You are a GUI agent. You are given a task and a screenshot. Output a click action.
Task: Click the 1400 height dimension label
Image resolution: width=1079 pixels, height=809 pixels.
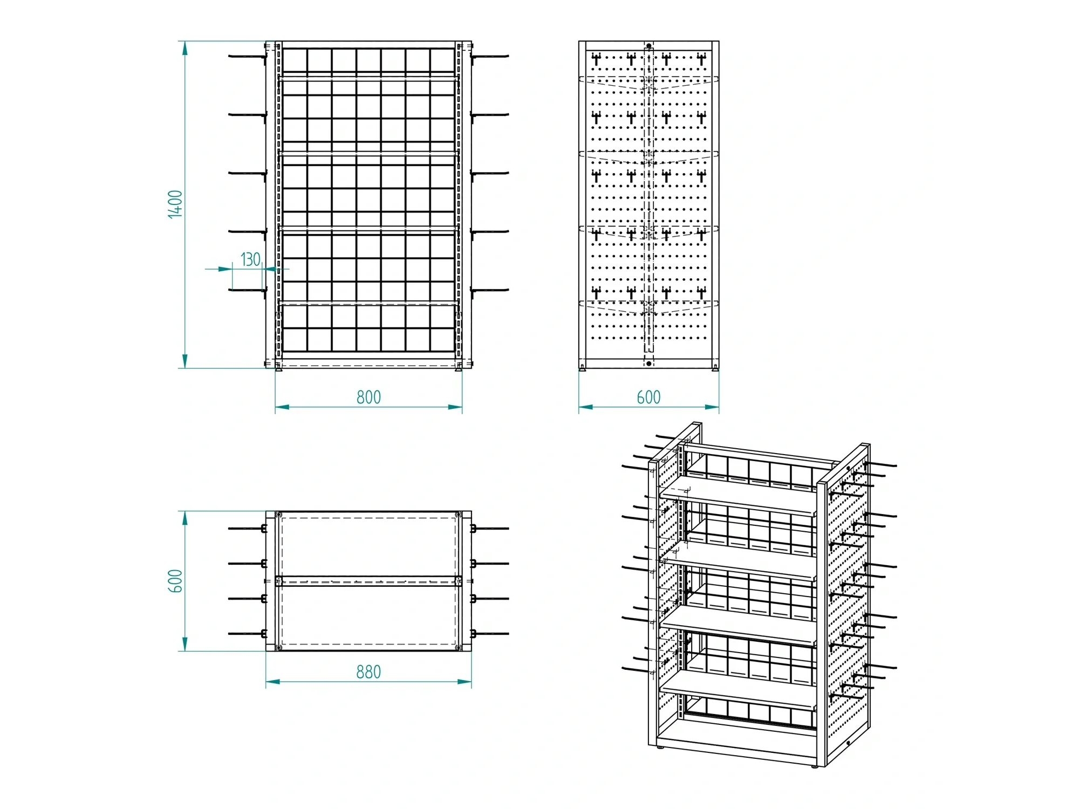coord(175,204)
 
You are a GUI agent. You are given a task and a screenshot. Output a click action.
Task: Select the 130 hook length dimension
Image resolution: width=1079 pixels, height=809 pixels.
coord(250,259)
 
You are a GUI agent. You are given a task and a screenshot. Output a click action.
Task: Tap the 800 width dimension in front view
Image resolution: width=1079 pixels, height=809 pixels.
coord(368,397)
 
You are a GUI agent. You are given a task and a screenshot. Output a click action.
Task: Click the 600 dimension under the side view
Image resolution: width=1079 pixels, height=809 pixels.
coord(648,397)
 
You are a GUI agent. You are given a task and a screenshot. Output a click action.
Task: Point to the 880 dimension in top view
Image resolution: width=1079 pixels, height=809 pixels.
coord(368,672)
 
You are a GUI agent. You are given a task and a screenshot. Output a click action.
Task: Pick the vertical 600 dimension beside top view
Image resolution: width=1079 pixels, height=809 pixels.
coord(176,581)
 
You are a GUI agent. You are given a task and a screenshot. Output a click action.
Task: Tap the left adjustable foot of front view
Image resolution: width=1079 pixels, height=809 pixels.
coord(278,369)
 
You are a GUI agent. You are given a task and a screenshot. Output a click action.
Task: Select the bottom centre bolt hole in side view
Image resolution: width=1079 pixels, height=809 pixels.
coord(649,364)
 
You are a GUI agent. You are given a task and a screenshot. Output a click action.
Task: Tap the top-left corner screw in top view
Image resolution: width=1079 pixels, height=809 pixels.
coord(278,515)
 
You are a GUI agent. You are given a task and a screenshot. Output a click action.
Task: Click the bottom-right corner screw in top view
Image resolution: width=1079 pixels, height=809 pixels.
coord(459,647)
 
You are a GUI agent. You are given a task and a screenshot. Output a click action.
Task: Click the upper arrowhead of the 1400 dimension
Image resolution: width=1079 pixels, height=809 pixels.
coord(185,49)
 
